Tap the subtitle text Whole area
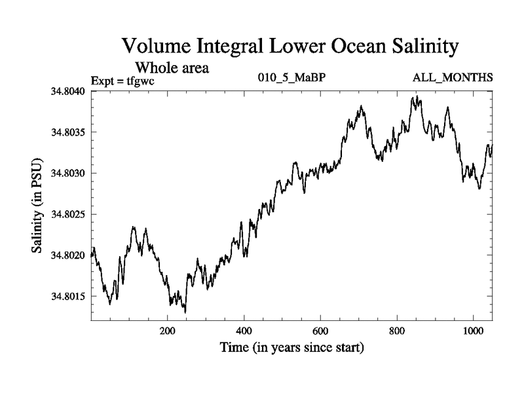pyautogui.click(x=172, y=67)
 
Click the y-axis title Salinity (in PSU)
pyautogui.click(x=38, y=206)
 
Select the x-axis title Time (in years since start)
pyautogui.click(x=291, y=347)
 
